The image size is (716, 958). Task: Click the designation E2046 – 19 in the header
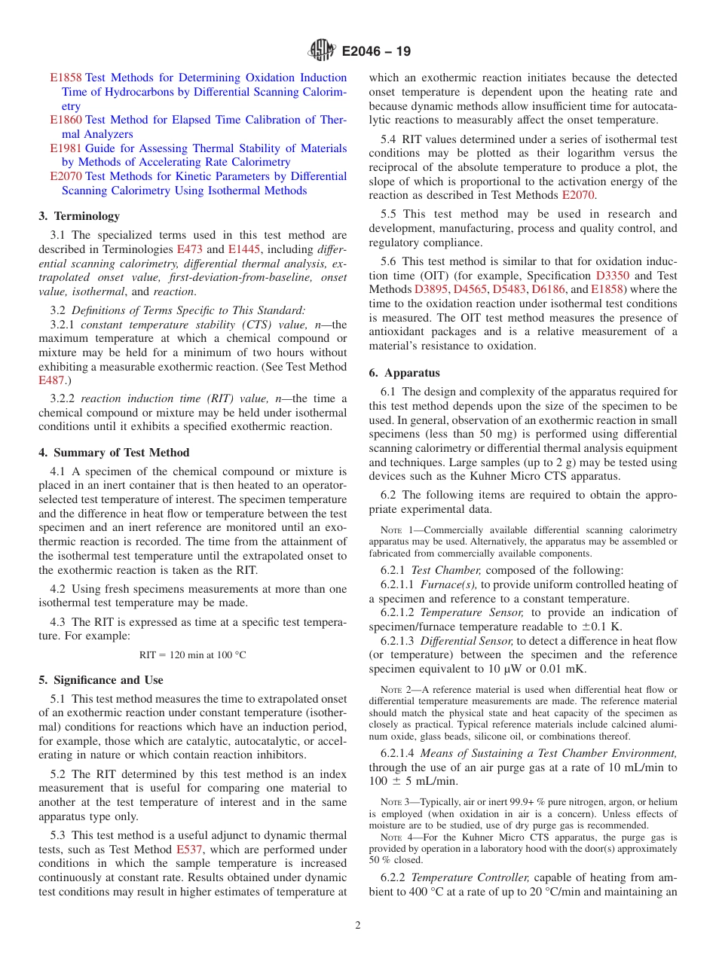pyautogui.click(x=376, y=52)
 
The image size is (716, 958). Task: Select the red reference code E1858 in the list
pyautogui.click(x=66, y=78)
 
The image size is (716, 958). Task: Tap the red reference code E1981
pyautogui.click(x=66, y=148)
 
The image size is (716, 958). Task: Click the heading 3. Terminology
pyautogui.click(x=79, y=216)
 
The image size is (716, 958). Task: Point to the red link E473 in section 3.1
pyautogui.click(x=190, y=249)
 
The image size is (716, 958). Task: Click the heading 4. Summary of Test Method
pyautogui.click(x=114, y=453)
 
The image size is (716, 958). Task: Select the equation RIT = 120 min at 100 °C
pyautogui.click(x=192, y=654)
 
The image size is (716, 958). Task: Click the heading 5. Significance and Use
pyautogui.click(x=101, y=680)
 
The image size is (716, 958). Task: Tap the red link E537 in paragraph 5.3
pyautogui.click(x=190, y=850)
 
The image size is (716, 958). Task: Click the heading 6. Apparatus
pyautogui.click(x=404, y=373)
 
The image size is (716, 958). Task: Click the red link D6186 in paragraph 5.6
pyautogui.click(x=548, y=289)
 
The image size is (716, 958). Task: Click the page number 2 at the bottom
pyautogui.click(x=358, y=926)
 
